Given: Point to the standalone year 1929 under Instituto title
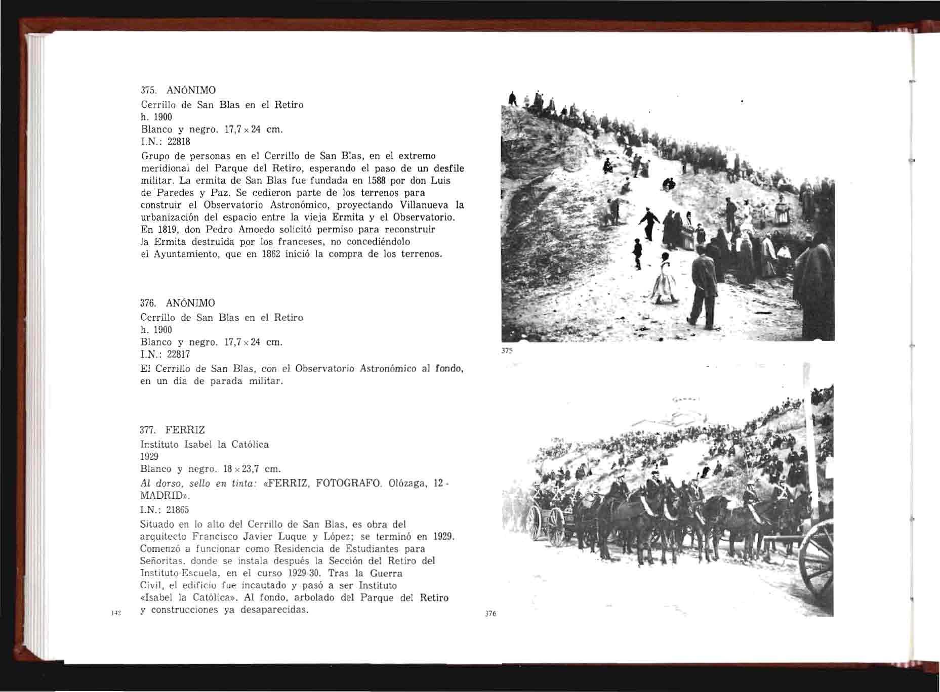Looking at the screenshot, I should click(x=149, y=456).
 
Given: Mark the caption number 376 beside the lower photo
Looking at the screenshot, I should click(x=491, y=614).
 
